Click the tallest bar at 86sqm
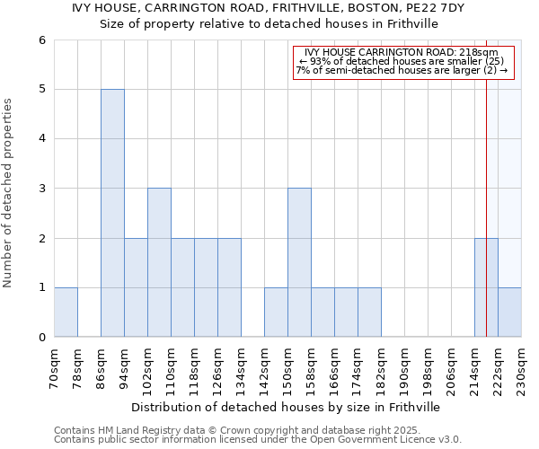(x=112, y=213)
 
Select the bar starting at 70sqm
(x=66, y=312)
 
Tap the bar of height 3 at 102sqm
(x=159, y=262)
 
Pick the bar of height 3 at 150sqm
(x=299, y=262)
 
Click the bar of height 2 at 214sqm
(x=486, y=287)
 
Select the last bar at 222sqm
(x=509, y=312)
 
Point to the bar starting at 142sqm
(x=276, y=312)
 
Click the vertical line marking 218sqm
(x=486, y=180)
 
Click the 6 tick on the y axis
(x=41, y=40)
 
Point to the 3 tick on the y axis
(x=41, y=189)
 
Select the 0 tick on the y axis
(x=41, y=337)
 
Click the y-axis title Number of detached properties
(x=9, y=193)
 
